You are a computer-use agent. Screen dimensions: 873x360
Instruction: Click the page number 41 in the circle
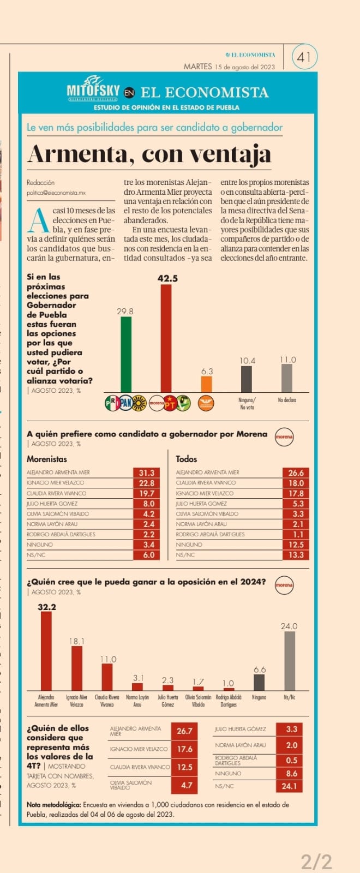304,57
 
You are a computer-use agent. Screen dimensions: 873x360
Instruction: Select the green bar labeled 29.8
126,354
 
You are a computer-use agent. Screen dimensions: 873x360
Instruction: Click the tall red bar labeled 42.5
166,338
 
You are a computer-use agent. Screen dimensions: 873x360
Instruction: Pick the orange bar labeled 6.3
206,384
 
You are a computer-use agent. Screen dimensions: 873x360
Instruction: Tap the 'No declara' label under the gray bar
287,400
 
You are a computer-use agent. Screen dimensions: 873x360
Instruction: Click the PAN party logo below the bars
125,403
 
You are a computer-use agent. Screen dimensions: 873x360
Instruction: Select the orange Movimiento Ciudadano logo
206,403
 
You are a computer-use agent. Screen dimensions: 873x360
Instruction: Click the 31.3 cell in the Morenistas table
146,473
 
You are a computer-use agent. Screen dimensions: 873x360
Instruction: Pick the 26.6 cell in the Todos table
296,473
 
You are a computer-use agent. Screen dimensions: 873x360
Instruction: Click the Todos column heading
187,459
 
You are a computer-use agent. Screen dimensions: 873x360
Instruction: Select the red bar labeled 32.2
46,650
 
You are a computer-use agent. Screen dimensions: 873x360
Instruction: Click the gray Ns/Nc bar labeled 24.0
290,661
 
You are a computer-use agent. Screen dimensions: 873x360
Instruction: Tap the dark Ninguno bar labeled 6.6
259,683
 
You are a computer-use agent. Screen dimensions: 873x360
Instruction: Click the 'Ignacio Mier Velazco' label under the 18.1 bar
76,701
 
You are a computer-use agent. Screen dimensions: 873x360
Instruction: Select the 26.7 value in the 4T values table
184,731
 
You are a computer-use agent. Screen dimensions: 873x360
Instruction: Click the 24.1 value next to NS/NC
289,786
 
